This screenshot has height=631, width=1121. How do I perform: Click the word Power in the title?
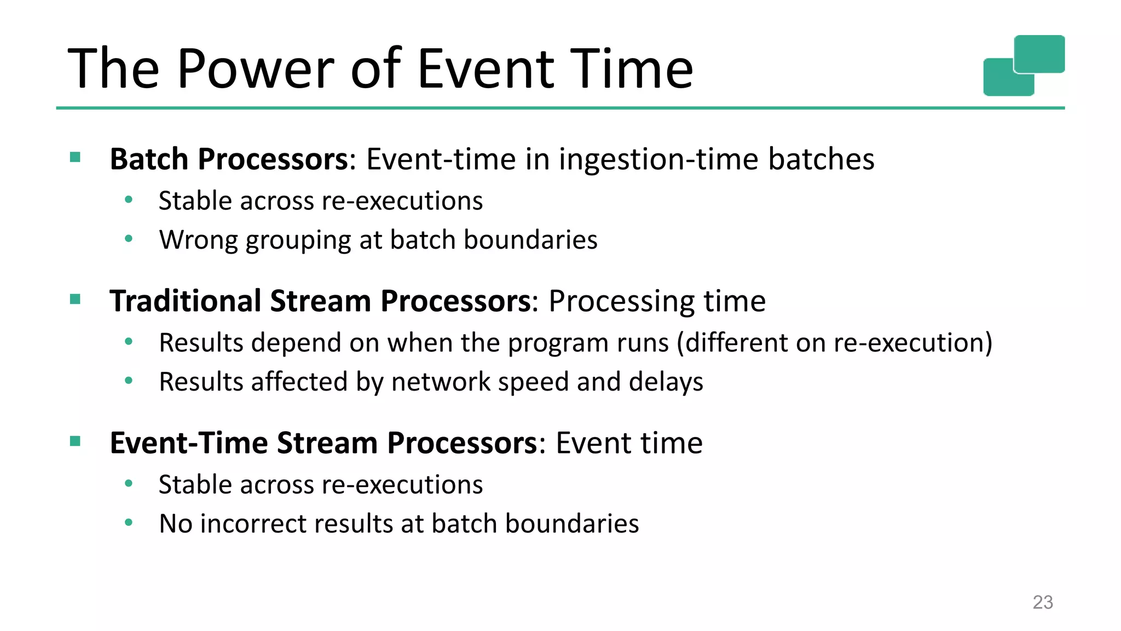click(x=255, y=69)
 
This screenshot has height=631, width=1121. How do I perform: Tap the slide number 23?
click(x=1042, y=602)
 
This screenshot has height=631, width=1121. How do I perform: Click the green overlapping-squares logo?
click(x=1024, y=65)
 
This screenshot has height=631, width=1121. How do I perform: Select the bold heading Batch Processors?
click(x=229, y=159)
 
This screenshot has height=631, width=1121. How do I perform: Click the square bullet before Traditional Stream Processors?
click(x=76, y=299)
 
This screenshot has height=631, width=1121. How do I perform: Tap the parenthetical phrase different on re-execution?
click(x=834, y=343)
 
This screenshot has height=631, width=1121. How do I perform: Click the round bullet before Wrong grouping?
click(x=129, y=239)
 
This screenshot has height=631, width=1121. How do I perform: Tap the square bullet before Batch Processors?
click(x=76, y=158)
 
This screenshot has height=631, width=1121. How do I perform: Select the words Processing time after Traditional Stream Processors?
click(x=657, y=301)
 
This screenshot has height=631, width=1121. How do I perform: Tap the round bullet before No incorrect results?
click(x=129, y=523)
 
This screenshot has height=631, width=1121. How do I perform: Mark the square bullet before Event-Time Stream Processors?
click(x=76, y=441)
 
